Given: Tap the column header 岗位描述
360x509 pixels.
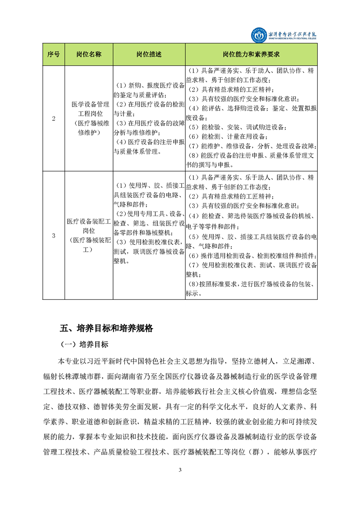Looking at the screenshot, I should point(148,54).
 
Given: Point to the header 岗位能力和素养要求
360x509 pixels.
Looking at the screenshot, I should point(251,54).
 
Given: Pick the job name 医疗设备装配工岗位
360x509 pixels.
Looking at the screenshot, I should point(89,226).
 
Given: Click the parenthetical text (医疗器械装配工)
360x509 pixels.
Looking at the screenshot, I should point(89,245).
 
